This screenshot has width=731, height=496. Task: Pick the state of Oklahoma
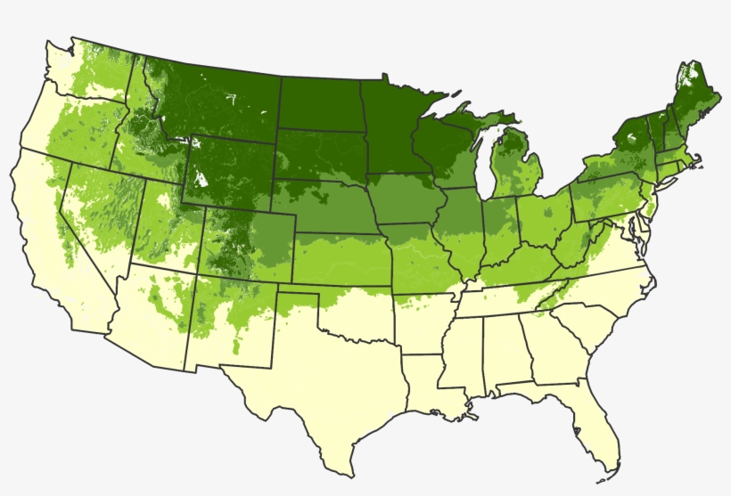point(357,312)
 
